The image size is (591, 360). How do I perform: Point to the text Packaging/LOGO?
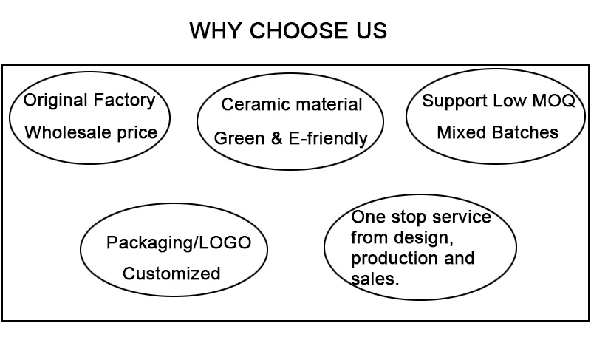(x=179, y=242)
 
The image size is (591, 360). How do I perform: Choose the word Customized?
(x=171, y=274)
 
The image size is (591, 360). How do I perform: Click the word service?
(x=462, y=217)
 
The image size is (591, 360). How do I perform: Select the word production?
(x=391, y=259)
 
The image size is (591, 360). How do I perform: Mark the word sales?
(x=375, y=279)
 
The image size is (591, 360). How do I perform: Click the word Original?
(x=56, y=101)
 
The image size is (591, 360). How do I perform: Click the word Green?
(x=236, y=138)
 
